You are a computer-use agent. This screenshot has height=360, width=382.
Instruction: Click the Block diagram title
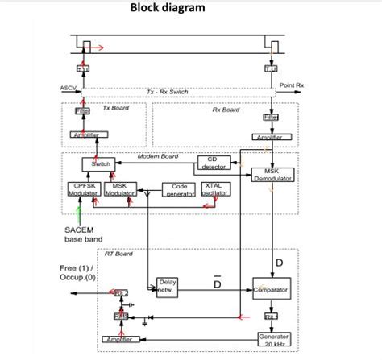(168, 9)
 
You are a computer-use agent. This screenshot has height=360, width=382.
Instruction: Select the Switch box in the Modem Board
(101, 163)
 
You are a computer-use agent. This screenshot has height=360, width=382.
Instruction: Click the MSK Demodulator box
(272, 175)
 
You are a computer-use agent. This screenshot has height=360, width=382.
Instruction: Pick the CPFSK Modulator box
(81, 189)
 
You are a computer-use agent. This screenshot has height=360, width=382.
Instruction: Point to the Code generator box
(180, 189)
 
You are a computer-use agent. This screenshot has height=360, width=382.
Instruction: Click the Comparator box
(271, 288)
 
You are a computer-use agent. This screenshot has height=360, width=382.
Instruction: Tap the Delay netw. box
(168, 287)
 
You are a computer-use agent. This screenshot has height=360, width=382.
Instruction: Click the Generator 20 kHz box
(273, 339)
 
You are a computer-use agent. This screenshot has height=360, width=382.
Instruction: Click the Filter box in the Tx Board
(83, 110)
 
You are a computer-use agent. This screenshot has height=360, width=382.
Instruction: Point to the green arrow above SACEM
(79, 213)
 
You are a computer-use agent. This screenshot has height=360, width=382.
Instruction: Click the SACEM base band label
(81, 234)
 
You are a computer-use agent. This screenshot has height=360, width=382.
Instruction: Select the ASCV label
(68, 87)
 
